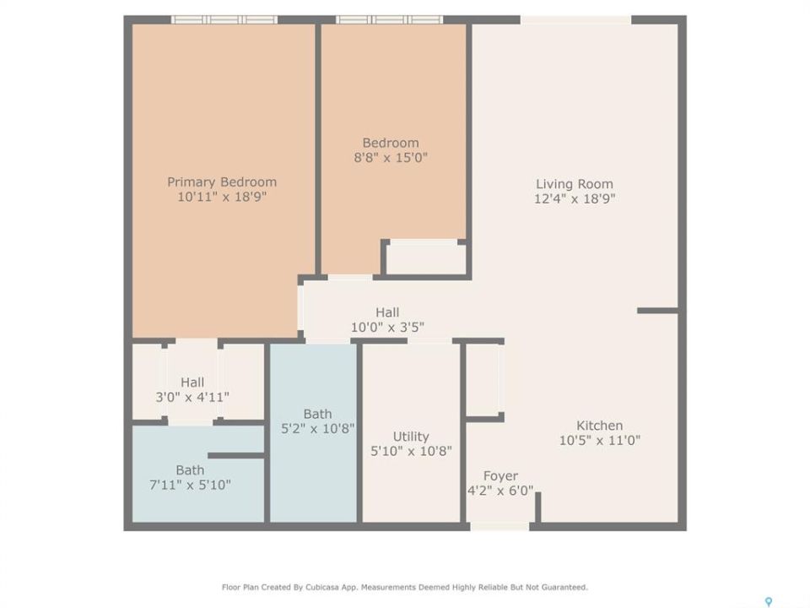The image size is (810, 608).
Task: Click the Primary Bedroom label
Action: tap(222, 182)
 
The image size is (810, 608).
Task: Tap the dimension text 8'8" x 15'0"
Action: tap(391, 157)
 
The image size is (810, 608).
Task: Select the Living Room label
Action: tap(575, 184)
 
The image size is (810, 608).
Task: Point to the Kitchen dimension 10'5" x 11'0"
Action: tap(600, 441)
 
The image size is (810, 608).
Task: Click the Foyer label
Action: tap(500, 475)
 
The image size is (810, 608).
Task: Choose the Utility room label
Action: tap(411, 437)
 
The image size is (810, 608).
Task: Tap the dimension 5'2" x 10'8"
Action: tap(318, 429)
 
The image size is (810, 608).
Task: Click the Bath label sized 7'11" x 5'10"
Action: tap(190, 470)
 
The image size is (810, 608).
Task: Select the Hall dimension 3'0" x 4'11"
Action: tap(192, 397)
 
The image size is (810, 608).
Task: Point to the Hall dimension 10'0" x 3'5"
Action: tap(387, 328)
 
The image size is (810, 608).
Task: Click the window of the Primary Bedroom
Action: tap(224, 19)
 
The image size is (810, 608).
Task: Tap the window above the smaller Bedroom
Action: tap(390, 19)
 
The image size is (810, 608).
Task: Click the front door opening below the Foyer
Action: tap(499, 526)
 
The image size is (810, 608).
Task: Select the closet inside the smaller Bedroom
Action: tap(425, 257)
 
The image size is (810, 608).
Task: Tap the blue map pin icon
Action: tap(769, 602)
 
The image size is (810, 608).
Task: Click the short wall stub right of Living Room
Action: tap(657, 311)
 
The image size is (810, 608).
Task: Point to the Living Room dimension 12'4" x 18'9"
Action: tap(575, 198)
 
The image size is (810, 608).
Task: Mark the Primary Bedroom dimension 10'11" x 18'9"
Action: tap(222, 197)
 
